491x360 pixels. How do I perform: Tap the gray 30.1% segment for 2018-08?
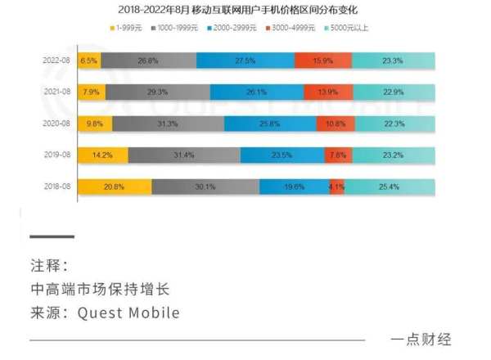[205, 186]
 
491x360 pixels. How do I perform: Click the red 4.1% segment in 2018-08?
[337, 186]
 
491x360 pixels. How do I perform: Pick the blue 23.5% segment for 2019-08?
[282, 155]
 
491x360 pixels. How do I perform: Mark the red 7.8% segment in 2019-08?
[337, 155]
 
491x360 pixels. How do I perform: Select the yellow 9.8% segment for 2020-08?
[93, 123]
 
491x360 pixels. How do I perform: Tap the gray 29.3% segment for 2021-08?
[158, 92]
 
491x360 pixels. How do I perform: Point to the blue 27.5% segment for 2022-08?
[245, 60]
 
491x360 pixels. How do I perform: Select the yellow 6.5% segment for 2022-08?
[88, 60]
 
